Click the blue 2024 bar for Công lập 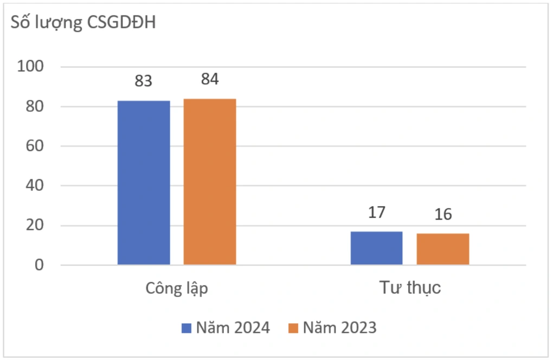pyautogui.click(x=144, y=183)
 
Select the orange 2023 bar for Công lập pyautogui.click(x=210, y=182)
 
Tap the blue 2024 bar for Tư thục pyautogui.click(x=377, y=248)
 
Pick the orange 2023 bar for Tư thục pyautogui.click(x=443, y=249)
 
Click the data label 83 pyautogui.click(x=144, y=82)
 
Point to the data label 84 pyautogui.click(x=210, y=79)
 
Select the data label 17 pyautogui.click(x=377, y=212)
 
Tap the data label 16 pyautogui.click(x=443, y=214)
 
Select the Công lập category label pyautogui.click(x=177, y=288)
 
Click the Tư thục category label pyautogui.click(x=409, y=287)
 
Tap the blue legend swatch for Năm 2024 pyautogui.click(x=187, y=328)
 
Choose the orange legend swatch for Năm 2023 pyautogui.click(x=293, y=328)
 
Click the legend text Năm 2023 pyautogui.click(x=339, y=328)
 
